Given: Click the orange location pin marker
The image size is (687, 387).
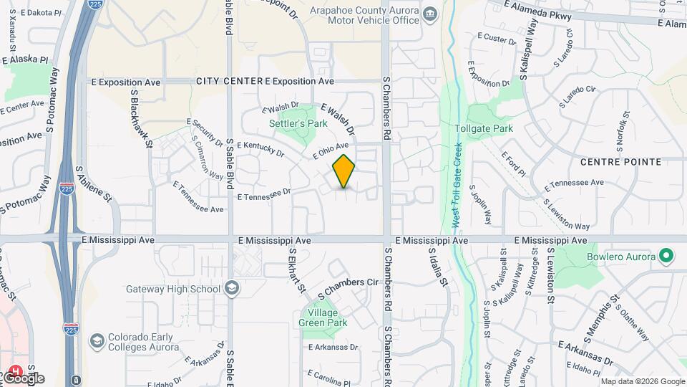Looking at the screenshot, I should click(x=343, y=171).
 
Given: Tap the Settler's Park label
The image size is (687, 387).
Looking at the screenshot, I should click(x=298, y=123).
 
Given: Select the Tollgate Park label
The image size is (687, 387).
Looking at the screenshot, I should click(x=484, y=129).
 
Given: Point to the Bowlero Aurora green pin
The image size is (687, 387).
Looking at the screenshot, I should click(x=666, y=256).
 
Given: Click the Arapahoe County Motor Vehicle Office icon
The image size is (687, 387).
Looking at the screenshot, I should click(x=429, y=14).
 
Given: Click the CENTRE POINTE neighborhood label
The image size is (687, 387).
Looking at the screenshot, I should click(x=620, y=162).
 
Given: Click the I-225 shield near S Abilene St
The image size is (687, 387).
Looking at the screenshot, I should click(x=67, y=189).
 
